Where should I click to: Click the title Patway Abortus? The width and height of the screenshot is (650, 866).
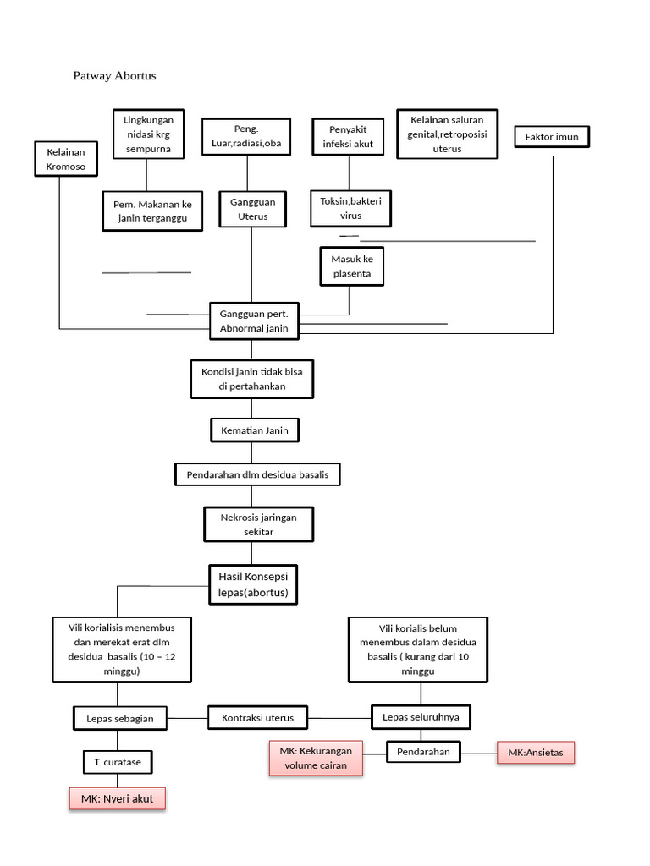114,75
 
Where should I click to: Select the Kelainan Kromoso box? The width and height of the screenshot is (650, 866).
66,159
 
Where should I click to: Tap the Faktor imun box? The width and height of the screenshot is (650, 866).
552,136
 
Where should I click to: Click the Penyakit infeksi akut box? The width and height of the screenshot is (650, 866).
348,136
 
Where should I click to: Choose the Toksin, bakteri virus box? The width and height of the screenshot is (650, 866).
350,208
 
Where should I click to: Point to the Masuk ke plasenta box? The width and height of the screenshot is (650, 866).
351,266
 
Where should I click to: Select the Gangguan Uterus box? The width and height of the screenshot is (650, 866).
252,209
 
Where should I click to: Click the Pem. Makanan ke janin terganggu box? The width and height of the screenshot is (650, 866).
152,211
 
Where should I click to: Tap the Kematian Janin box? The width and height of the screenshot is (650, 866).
254,430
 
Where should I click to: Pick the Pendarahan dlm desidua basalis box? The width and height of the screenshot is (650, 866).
257,474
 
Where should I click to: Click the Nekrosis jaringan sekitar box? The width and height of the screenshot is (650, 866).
258,524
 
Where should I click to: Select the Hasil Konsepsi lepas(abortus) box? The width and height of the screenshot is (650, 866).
252,584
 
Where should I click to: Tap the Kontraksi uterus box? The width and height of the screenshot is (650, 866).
257,717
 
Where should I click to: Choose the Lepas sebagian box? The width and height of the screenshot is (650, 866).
120,718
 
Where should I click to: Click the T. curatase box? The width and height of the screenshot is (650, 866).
117,762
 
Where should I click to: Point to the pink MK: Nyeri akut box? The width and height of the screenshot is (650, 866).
117,798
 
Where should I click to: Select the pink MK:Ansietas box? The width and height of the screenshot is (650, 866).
536,752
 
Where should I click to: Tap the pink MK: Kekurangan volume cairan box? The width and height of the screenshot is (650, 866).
316,758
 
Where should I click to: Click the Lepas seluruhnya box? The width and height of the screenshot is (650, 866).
421,717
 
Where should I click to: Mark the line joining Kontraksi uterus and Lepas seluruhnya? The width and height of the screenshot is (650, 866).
339,718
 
